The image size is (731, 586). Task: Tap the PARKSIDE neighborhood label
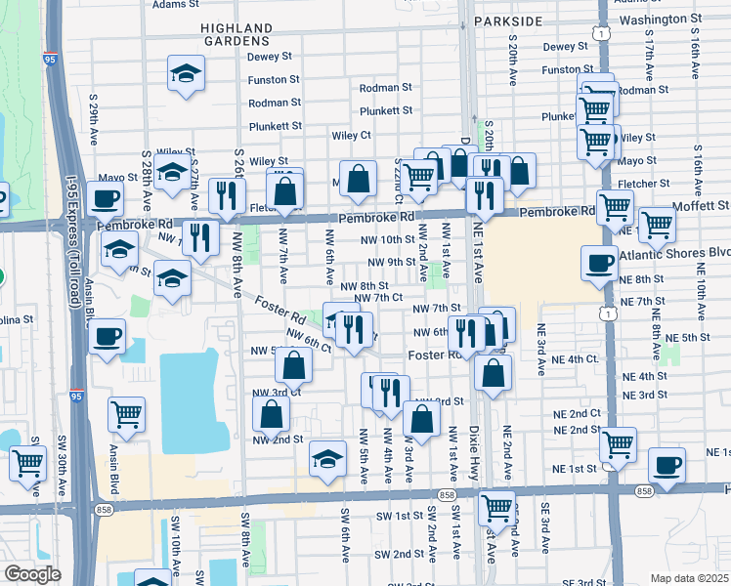508,21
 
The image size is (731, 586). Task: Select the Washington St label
661,19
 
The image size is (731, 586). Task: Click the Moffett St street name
701,206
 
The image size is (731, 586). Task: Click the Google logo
32,574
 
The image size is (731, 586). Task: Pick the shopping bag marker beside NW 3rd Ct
293,366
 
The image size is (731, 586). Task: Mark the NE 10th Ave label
702,303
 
